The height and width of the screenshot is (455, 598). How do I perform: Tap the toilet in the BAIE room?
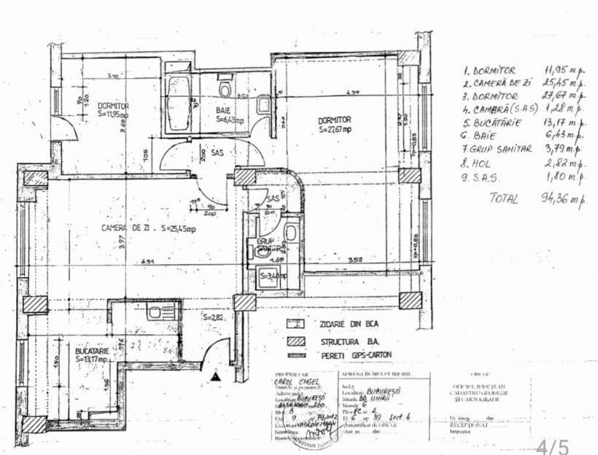[225, 90]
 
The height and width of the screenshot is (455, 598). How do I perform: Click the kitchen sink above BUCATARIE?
[155, 313]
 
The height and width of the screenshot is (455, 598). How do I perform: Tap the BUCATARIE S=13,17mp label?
[93, 355]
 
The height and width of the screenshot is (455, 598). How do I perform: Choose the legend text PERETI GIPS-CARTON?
[353, 355]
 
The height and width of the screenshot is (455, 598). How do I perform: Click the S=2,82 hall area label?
[212, 318]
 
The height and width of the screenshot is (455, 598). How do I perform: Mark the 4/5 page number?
[552, 446]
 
